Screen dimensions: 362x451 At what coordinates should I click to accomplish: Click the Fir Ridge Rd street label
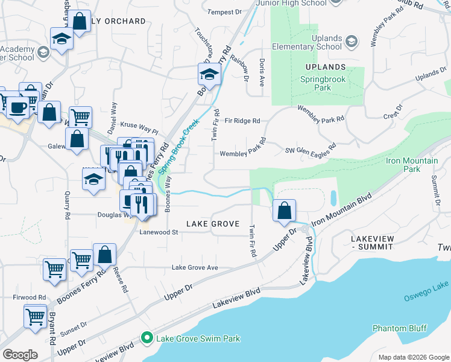242,121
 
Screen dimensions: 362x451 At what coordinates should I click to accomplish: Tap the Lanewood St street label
159,232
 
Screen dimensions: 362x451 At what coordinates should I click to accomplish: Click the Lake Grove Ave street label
195,267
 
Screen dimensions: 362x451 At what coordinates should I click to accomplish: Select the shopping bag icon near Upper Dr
285,211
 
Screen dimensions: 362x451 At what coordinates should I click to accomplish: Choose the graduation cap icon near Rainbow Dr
209,75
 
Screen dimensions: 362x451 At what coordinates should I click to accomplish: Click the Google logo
20,355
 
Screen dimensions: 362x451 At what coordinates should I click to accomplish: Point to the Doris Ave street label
262,72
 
